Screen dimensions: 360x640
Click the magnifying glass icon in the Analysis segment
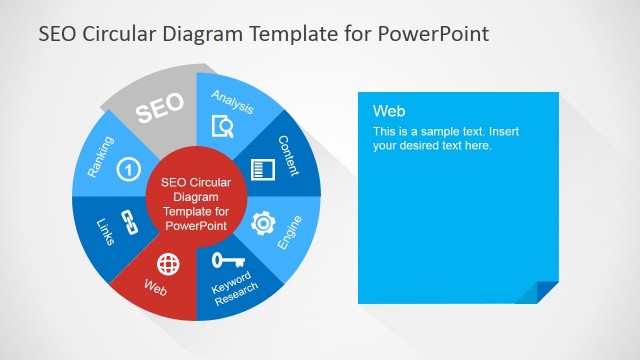coord(224,126)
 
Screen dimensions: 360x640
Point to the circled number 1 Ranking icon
coord(127,170)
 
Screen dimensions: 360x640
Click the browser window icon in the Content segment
coord(262,169)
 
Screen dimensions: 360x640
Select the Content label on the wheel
coord(289,156)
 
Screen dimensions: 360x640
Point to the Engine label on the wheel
coord(289,231)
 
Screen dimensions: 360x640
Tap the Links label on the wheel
coord(105,231)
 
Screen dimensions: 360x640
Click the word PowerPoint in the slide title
coord(435,34)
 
